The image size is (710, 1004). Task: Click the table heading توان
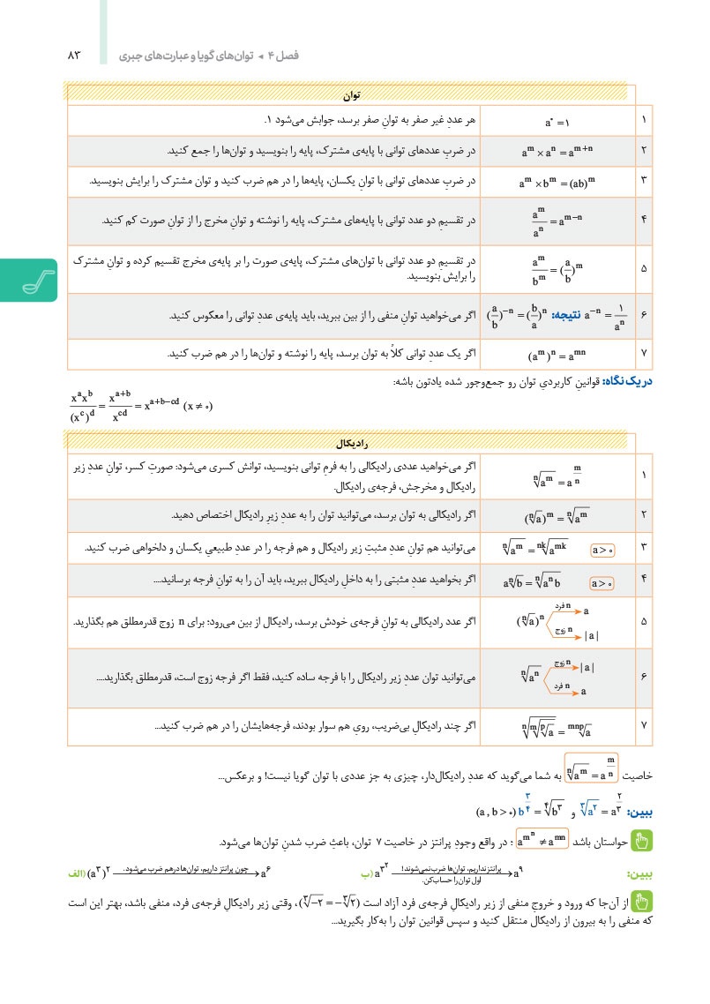click(x=352, y=94)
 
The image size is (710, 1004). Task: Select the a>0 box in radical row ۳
click(x=602, y=549)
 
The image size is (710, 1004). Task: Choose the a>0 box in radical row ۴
click(x=602, y=581)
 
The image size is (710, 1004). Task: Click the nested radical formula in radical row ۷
click(x=557, y=728)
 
